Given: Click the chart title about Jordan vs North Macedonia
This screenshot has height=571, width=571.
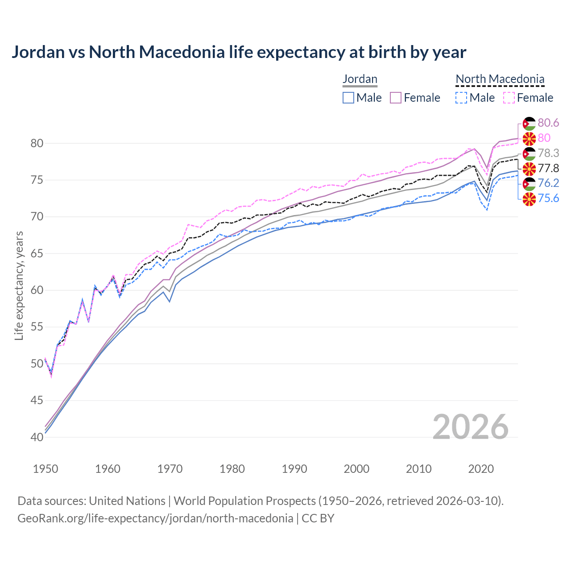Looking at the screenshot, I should point(239,52).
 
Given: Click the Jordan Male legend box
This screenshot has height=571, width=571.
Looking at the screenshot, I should point(348,98).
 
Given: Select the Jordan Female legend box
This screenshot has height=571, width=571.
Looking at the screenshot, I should point(396,98).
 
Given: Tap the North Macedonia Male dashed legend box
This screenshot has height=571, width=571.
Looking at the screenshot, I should point(461,98).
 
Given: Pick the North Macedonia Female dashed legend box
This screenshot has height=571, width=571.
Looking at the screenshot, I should point(509,98).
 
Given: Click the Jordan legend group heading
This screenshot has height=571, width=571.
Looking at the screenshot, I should point(360,79).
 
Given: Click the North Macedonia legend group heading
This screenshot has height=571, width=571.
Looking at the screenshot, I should point(500,79).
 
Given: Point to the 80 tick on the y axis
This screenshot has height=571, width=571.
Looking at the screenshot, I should point(37,144).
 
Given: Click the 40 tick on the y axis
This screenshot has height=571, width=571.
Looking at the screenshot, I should point(37,437).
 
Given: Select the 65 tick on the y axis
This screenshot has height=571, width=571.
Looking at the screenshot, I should point(37,254).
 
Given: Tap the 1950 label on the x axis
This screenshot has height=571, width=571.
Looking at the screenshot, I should point(46,469).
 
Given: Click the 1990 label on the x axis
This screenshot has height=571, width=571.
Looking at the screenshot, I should point(294,469).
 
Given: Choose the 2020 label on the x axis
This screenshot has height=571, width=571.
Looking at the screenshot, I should point(481,469).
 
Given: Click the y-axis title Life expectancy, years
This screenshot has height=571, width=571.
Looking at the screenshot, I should point(19,285).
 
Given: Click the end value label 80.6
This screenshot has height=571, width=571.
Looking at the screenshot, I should point(548,123).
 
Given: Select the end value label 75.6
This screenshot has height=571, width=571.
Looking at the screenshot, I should point(548,199).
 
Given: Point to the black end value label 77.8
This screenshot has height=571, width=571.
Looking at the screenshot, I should point(548,168).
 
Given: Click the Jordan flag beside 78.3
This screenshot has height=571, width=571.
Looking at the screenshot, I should point(529,153).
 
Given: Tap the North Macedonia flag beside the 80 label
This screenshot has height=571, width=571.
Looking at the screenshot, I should point(529,138).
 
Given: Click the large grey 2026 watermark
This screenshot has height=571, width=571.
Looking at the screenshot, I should point(471,427).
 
